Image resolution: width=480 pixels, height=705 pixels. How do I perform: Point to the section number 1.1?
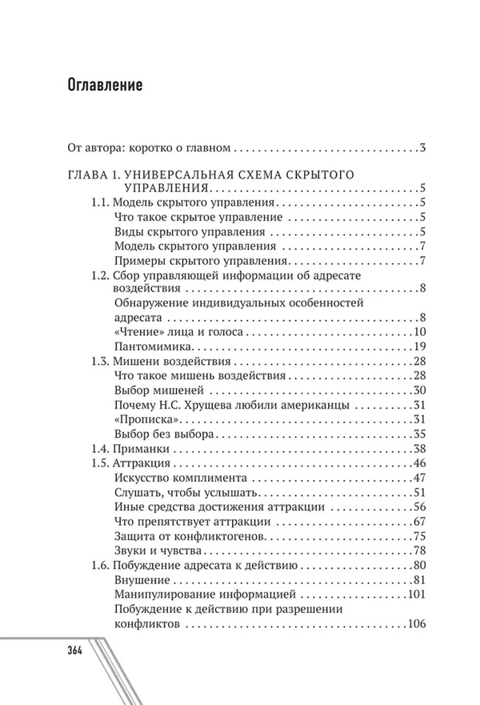[99, 202]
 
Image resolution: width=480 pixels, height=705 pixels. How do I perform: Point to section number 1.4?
[99, 448]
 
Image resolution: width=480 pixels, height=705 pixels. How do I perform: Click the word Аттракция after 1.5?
[142, 463]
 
